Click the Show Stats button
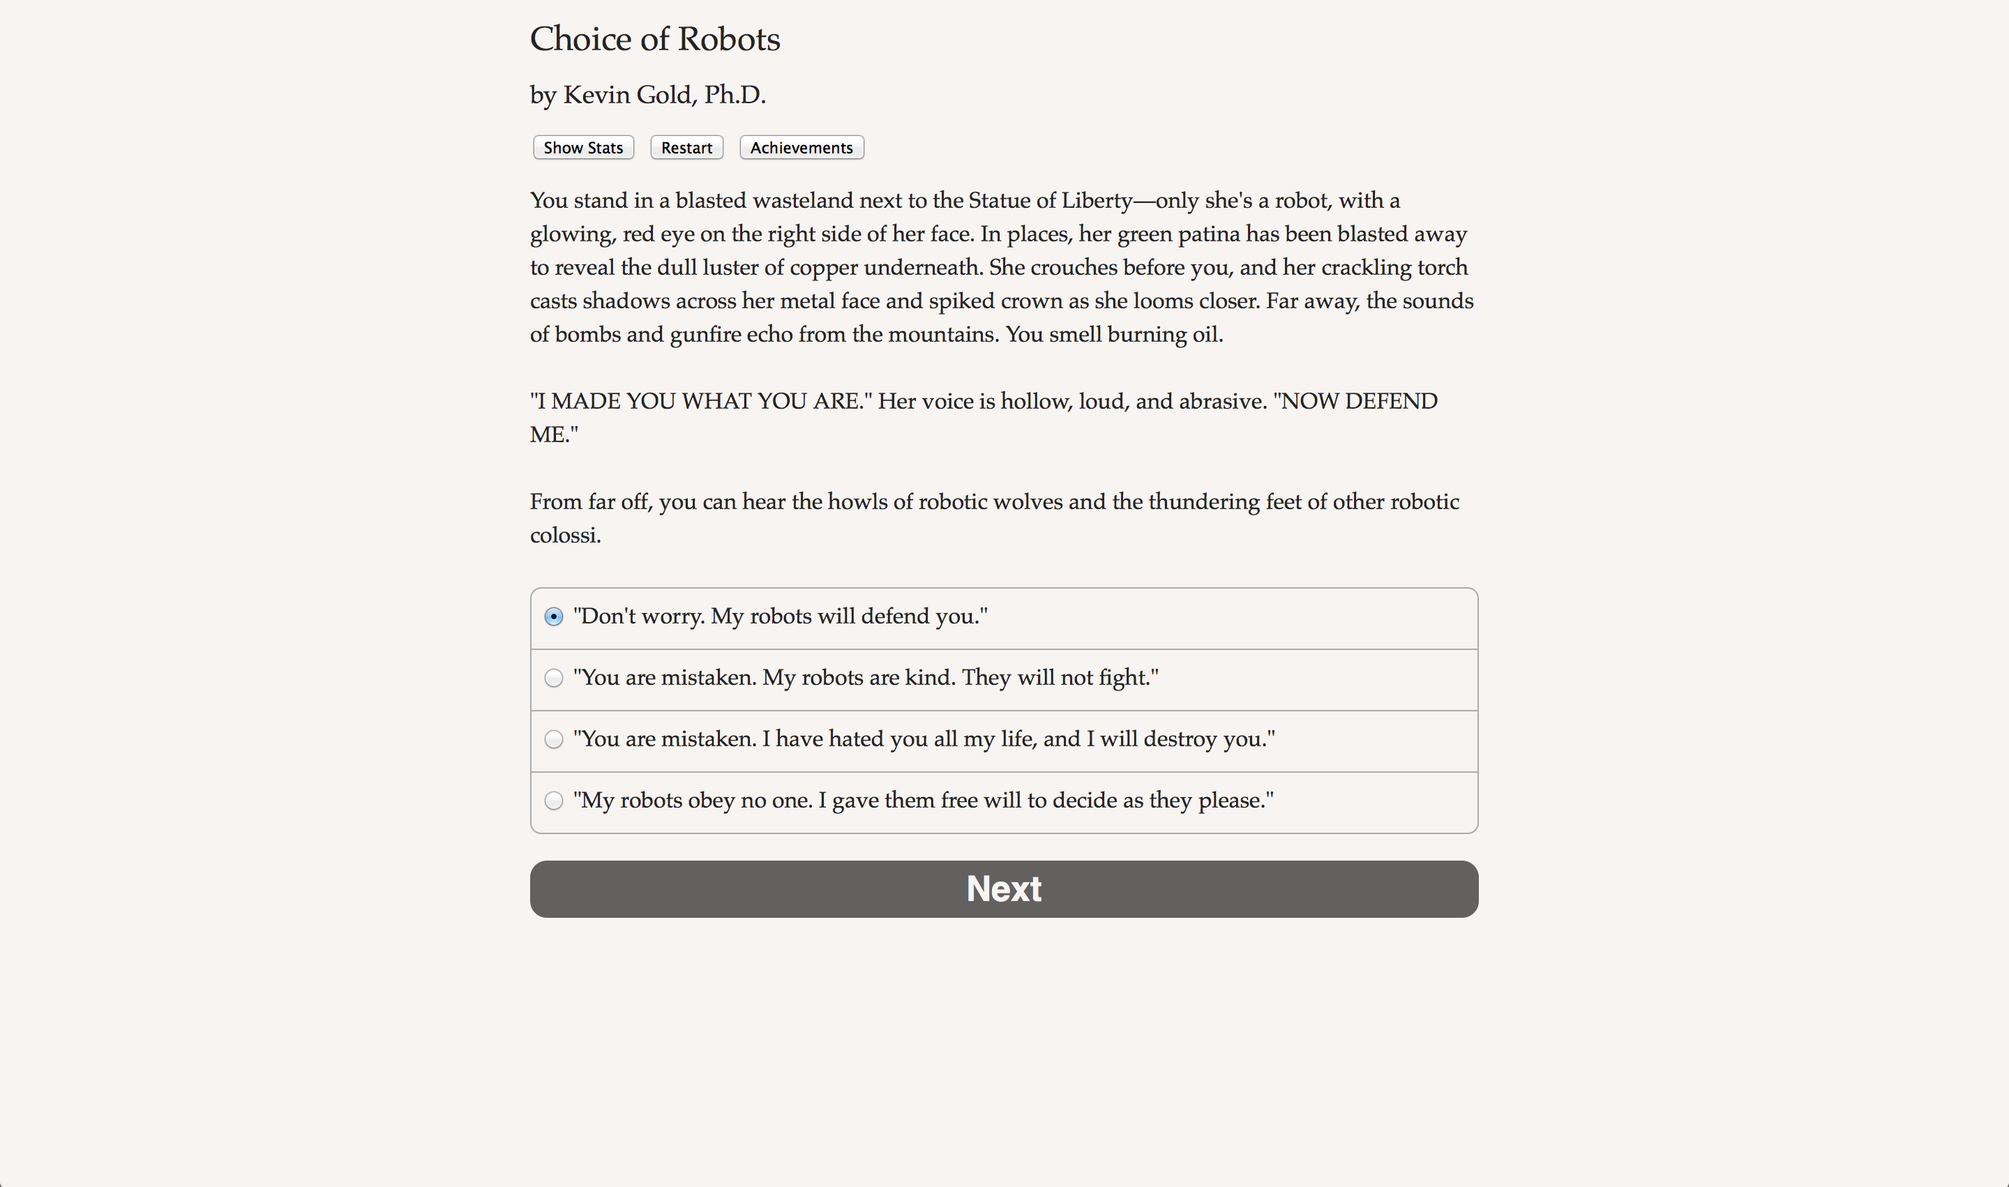(583, 148)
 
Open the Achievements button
(801, 148)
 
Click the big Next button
(1003, 889)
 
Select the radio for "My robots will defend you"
(554, 617)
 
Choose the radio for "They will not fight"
(554, 679)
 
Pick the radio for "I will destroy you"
(554, 739)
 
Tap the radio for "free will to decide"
(554, 801)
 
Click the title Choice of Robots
(654, 39)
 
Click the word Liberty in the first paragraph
(1096, 201)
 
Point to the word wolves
(1024, 502)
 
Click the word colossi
(564, 536)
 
